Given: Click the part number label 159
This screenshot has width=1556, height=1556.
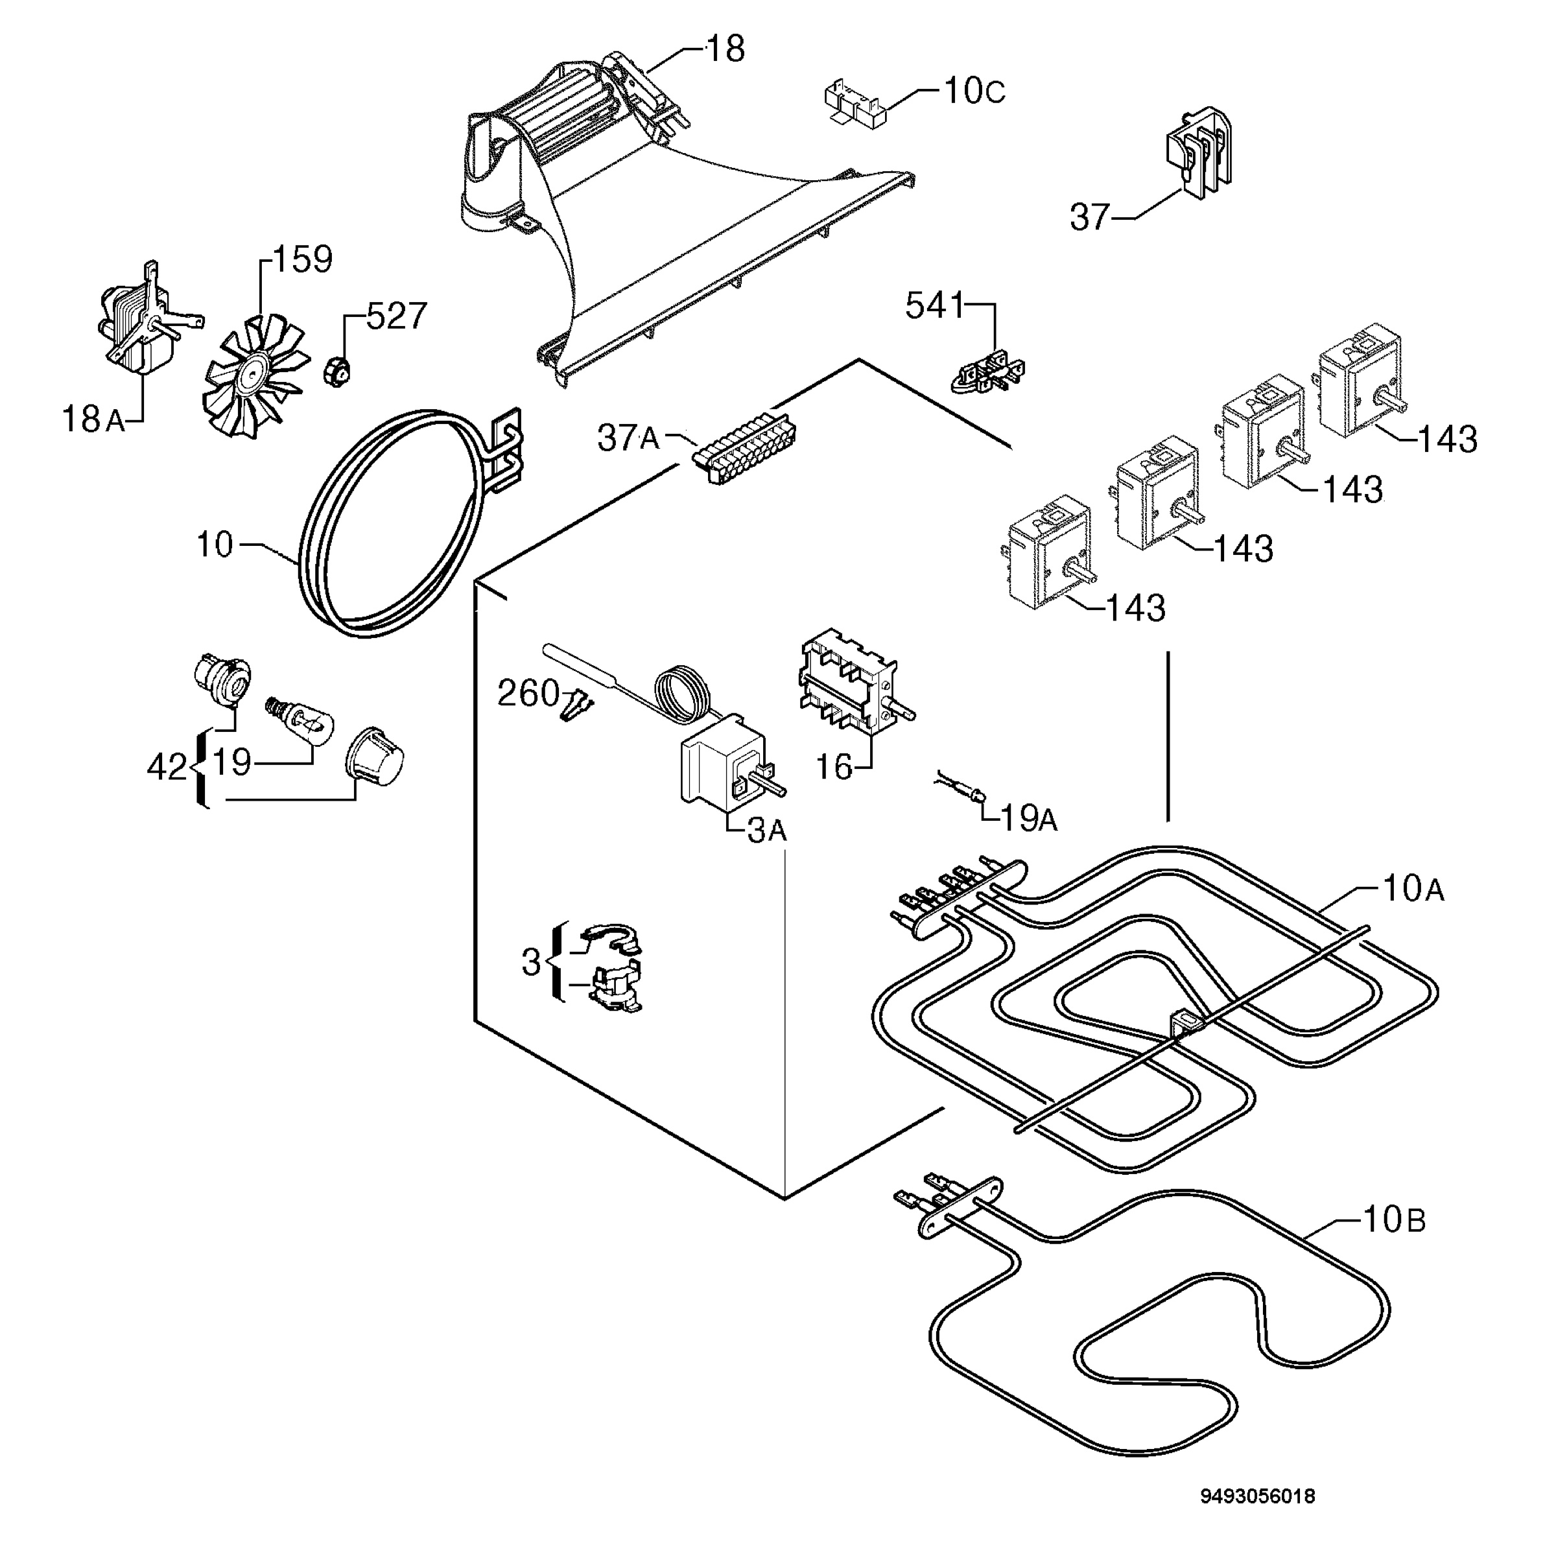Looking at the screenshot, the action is (x=303, y=259).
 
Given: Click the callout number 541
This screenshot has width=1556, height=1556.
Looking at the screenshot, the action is (x=934, y=306).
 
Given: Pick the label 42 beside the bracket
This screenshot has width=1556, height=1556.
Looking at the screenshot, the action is (x=167, y=768).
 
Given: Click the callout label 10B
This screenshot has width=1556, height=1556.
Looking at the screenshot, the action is (x=1394, y=1220).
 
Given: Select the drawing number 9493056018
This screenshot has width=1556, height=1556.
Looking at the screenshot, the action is (x=1258, y=1496).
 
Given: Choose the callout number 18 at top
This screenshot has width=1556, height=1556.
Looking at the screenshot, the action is (x=725, y=49).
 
